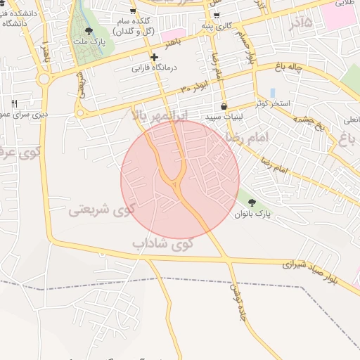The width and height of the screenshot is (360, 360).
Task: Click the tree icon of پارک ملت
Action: click(89, 31)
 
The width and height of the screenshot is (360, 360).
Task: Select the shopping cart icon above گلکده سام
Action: click(153, 14)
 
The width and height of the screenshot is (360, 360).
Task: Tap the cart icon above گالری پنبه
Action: click(215, 15)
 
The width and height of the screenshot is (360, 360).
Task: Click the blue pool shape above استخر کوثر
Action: click(272, 93)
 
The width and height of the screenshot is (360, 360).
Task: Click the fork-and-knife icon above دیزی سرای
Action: click(14, 103)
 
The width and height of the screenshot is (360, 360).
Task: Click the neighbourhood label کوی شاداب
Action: click(162, 243)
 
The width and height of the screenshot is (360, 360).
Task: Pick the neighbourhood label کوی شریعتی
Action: click(103, 209)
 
